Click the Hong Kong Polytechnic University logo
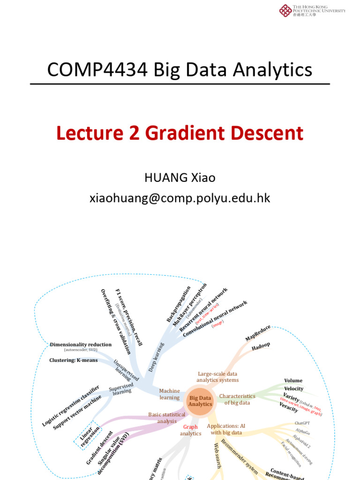285,10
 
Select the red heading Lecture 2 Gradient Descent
180,133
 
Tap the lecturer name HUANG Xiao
180,178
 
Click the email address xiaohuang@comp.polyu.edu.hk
180,198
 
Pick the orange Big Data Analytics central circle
200,401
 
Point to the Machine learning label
169,394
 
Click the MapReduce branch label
258,332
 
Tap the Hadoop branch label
261,347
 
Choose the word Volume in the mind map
293,381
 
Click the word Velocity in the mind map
293,389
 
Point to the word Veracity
289,407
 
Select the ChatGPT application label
302,423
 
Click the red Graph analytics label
190,430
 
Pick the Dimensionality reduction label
81,345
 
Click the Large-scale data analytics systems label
217,377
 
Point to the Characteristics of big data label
237,399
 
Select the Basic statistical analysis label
166,418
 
